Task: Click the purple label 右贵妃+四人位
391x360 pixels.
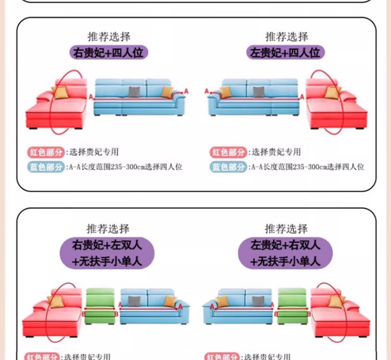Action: (109, 52)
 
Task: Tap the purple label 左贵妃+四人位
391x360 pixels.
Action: (286, 52)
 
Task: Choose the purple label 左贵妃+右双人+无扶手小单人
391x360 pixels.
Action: (286, 253)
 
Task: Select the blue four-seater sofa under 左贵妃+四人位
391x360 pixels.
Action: (254, 99)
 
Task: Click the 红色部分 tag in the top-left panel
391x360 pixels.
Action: (46, 152)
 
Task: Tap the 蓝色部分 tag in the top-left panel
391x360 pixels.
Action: (46, 167)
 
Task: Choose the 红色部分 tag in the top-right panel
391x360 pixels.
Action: (228, 152)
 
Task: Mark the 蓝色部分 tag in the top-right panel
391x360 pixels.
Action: (228, 167)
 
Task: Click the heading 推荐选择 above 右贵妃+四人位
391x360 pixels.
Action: (109, 36)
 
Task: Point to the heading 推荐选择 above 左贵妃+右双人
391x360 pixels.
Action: (286, 229)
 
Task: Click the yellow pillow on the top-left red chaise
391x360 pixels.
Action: (62, 93)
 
